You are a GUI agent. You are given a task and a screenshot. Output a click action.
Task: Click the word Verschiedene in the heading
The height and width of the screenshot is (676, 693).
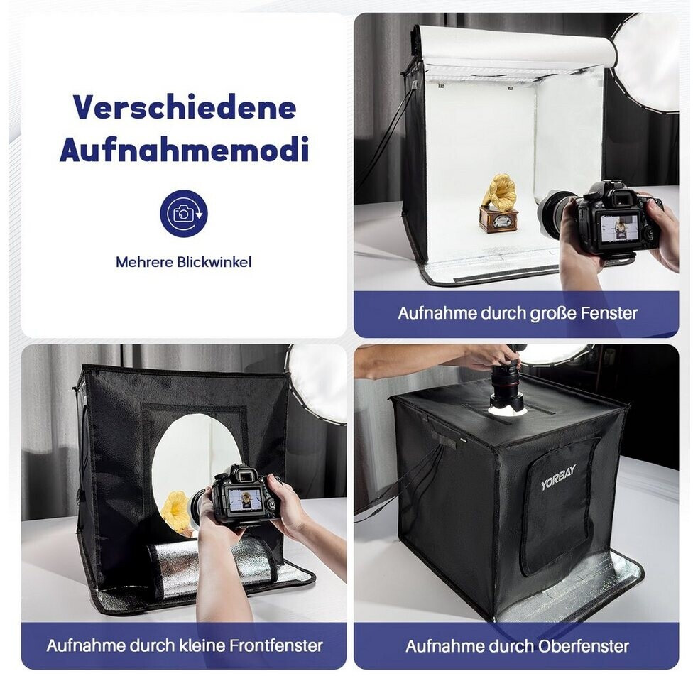[x=185, y=107]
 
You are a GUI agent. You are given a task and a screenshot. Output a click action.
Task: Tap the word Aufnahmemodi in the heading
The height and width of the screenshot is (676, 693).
[x=184, y=150]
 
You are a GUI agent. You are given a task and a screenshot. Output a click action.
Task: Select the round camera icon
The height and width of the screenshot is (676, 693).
[x=184, y=214]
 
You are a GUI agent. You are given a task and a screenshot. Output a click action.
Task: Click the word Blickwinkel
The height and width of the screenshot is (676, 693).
[x=214, y=262]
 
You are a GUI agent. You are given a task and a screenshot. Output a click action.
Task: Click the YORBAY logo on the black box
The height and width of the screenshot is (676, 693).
[x=559, y=477]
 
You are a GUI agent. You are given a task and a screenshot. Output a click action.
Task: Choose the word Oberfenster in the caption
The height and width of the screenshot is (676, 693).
[x=584, y=646]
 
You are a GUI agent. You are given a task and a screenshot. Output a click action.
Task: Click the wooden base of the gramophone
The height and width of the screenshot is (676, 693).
[x=497, y=219]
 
